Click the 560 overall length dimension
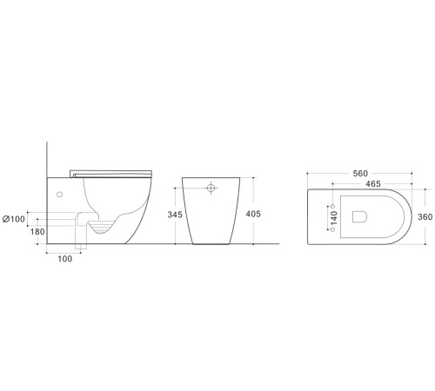click(359, 173)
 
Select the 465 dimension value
click(371, 185)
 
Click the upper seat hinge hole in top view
click(334, 207)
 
